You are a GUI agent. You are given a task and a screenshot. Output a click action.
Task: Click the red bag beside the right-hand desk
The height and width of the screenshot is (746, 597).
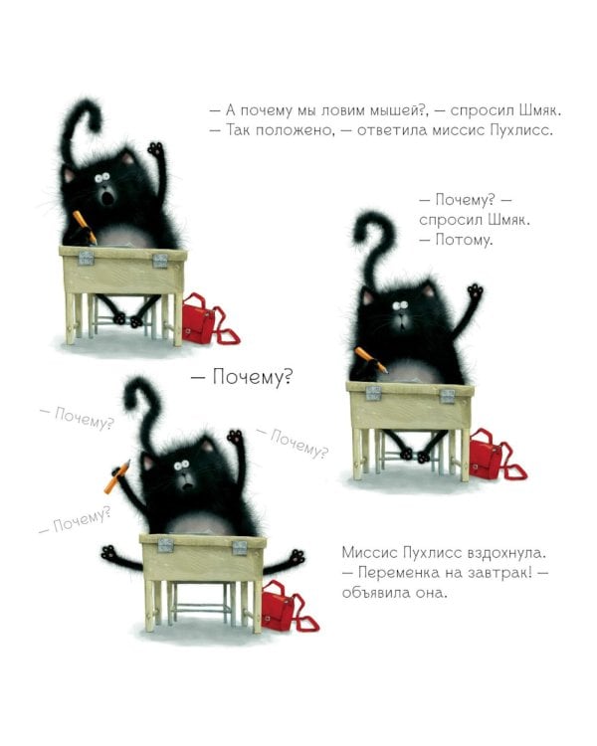(490, 456)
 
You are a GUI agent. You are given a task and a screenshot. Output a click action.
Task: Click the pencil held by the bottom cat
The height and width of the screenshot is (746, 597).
(116, 477)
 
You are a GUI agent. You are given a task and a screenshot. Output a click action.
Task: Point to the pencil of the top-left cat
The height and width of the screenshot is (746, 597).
(85, 226)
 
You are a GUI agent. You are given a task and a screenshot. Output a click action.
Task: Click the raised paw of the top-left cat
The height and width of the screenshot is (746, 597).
(154, 151)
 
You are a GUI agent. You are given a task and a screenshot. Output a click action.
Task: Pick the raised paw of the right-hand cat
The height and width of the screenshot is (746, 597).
(476, 292)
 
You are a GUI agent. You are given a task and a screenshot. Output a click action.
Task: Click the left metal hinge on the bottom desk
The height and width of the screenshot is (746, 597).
(165, 544)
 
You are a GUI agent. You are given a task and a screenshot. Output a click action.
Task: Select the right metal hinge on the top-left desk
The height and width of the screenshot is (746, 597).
(159, 260)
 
